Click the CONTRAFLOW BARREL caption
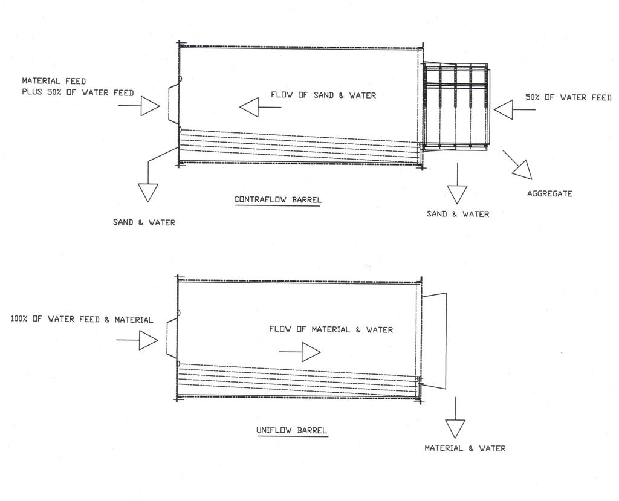pos(277,199)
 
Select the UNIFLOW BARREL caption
pos(291,430)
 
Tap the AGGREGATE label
pos(549,194)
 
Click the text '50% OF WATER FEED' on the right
pos(568,97)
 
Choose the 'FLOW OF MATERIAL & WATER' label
pos(331,329)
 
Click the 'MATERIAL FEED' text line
pos(54,80)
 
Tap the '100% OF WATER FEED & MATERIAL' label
pos(82,319)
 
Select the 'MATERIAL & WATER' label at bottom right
pos(465,448)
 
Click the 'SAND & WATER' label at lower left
pos(144,222)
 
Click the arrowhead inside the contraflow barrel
pos(249,108)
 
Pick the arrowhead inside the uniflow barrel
pos(311,352)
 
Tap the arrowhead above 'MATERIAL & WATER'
pos(455,428)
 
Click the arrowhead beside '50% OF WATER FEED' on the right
pos(504,110)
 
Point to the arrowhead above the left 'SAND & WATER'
pos(147,192)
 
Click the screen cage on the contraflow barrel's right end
pos(456,106)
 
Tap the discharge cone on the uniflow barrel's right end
pos(433,340)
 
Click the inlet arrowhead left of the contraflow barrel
pos(150,106)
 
